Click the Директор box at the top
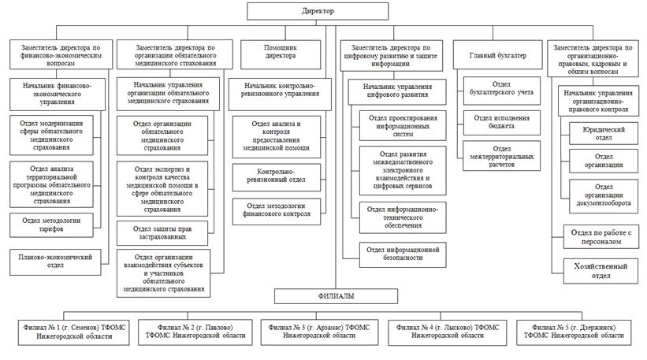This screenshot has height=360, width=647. [318, 11]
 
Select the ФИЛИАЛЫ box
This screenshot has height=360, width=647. [336, 296]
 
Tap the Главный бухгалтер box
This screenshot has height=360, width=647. [497, 54]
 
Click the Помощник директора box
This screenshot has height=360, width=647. [281, 54]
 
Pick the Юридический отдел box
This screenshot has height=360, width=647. [603, 133]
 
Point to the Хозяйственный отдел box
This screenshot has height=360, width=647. [601, 271]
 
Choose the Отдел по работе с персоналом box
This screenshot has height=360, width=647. [601, 236]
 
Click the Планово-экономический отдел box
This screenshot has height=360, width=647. [55, 262]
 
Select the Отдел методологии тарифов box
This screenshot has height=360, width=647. [51, 225]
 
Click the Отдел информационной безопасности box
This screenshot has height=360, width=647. [403, 254]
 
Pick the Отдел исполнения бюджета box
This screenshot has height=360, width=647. [501, 122]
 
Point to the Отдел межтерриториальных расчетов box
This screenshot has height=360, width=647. [501, 156]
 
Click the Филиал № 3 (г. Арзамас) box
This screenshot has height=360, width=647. [319, 332]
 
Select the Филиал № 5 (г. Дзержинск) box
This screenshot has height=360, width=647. [574, 332]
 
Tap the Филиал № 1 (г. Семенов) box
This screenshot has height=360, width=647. [73, 332]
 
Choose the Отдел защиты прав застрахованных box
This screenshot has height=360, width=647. [162, 233]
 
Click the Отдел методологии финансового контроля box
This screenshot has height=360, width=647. [276, 211]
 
